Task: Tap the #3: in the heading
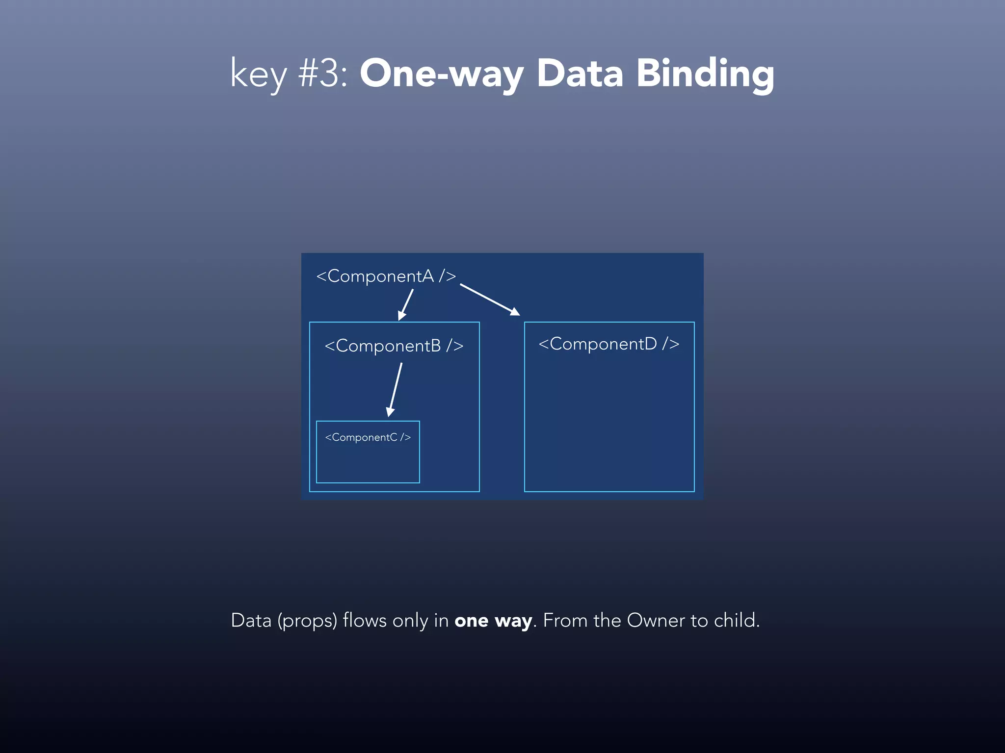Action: [x=323, y=74]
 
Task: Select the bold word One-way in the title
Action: [x=442, y=74]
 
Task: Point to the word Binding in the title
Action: [x=705, y=74]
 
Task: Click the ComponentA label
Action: [x=386, y=276]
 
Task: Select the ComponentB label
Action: [x=394, y=346]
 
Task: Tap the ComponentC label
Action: [x=368, y=437]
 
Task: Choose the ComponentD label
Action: [x=609, y=344]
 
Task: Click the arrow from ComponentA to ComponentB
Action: [x=406, y=304]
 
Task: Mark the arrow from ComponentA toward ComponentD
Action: [x=490, y=300]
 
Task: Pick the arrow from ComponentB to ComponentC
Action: [x=395, y=390]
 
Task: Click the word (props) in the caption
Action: [x=307, y=621]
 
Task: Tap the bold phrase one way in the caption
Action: [x=493, y=621]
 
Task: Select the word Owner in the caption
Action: [x=656, y=621]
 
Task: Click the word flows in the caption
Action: [x=365, y=621]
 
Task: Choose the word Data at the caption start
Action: [x=251, y=621]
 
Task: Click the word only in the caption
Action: [x=410, y=621]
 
